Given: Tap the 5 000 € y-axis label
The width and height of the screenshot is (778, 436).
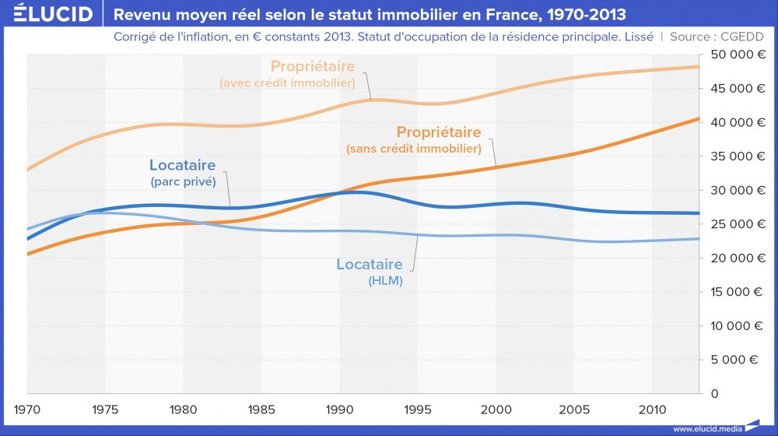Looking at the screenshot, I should coord(738,360).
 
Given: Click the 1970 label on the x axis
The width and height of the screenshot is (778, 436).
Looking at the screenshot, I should coord(27,408).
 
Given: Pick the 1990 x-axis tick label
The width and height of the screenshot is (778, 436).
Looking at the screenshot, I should coord(339,408).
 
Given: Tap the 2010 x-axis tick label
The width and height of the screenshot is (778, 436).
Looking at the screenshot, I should coord(652,408).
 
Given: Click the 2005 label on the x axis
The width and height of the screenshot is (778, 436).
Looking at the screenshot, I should coord(574,408).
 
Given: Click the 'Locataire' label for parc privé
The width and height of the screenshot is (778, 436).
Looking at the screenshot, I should coord(182,165).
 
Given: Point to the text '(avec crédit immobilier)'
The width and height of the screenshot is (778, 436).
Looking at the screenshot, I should coord(287,83).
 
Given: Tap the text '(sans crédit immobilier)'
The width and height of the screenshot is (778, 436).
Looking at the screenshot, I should coord(413,148).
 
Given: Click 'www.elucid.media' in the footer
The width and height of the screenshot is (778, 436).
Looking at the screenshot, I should coord(706,428).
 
